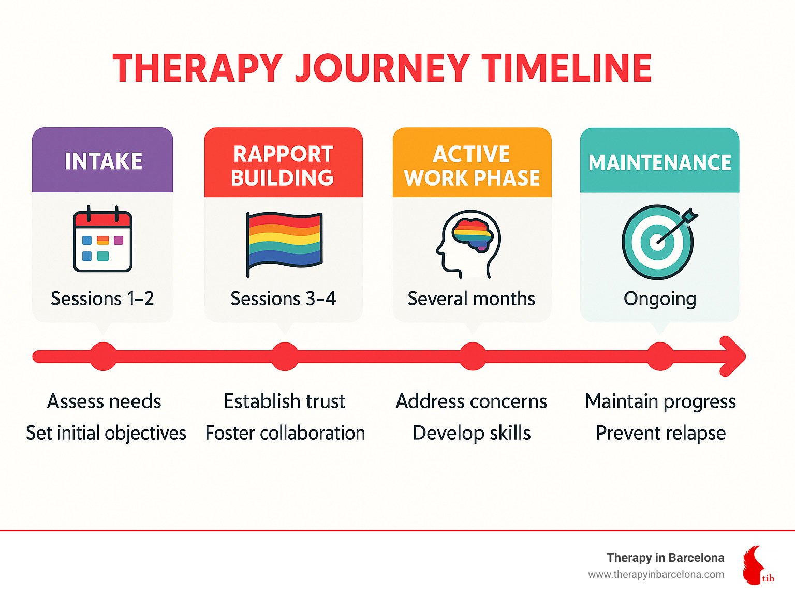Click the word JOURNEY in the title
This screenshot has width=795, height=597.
(382, 68)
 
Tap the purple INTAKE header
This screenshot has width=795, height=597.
(103, 161)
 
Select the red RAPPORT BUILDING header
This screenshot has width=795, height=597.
(283, 166)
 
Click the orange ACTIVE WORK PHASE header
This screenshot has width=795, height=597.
(472, 166)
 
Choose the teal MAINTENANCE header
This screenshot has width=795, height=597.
(659, 162)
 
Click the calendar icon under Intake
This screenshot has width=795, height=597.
(102, 240)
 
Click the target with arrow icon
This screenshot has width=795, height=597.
(658, 242)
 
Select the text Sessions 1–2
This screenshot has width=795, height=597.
(102, 298)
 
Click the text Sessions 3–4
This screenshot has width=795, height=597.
(283, 298)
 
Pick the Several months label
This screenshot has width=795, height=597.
(471, 298)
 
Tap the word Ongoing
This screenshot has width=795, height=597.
(659, 299)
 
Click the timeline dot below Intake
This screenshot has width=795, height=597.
(104, 356)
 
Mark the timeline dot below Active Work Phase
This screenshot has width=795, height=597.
(473, 356)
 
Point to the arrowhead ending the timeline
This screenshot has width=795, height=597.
(734, 356)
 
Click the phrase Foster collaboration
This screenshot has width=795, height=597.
(285, 433)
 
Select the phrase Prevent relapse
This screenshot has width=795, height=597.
(660, 433)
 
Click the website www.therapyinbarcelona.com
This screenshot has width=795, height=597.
(656, 574)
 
